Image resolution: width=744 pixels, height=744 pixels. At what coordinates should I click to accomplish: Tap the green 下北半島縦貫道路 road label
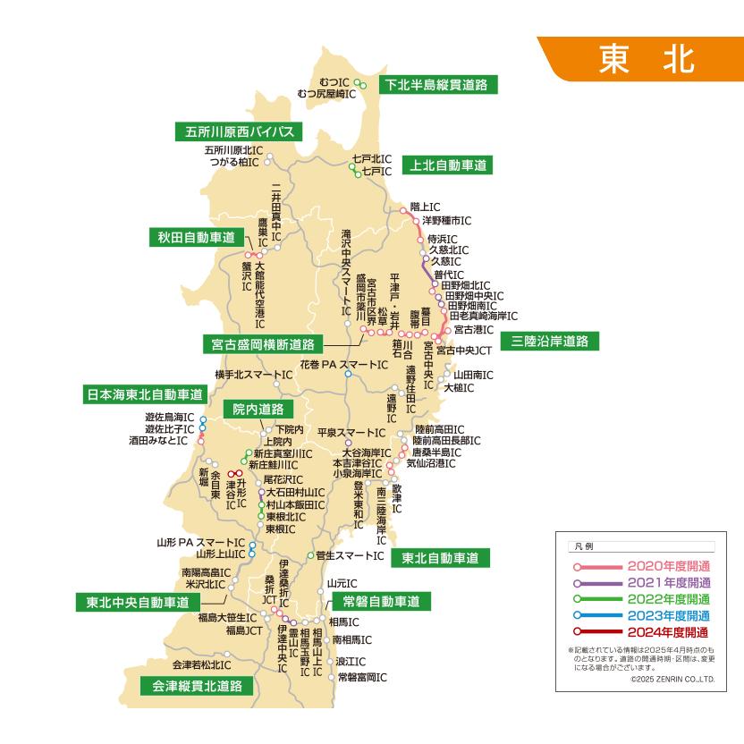pyautogui.click(x=437, y=85)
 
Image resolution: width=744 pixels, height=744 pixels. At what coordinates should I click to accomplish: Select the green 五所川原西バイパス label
pyautogui.click(x=239, y=131)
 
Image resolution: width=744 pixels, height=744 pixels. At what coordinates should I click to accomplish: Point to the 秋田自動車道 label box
pyautogui.click(x=196, y=237)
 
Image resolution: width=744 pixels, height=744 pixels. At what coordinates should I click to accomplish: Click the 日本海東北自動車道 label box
pyautogui.click(x=145, y=393)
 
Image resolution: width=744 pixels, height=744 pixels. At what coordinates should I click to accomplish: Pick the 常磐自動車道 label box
pyautogui.click(x=376, y=600)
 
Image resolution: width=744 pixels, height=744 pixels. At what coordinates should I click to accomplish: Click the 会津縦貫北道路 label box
pyautogui.click(x=196, y=686)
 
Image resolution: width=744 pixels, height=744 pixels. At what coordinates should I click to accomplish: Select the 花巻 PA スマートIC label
pyautogui.click(x=343, y=365)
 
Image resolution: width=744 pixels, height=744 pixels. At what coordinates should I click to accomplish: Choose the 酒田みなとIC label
pyautogui.click(x=158, y=441)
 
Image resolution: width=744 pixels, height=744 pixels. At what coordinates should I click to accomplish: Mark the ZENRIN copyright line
pyautogui.click(x=672, y=680)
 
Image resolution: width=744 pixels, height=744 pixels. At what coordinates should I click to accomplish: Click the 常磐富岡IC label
pyautogui.click(x=362, y=678)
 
